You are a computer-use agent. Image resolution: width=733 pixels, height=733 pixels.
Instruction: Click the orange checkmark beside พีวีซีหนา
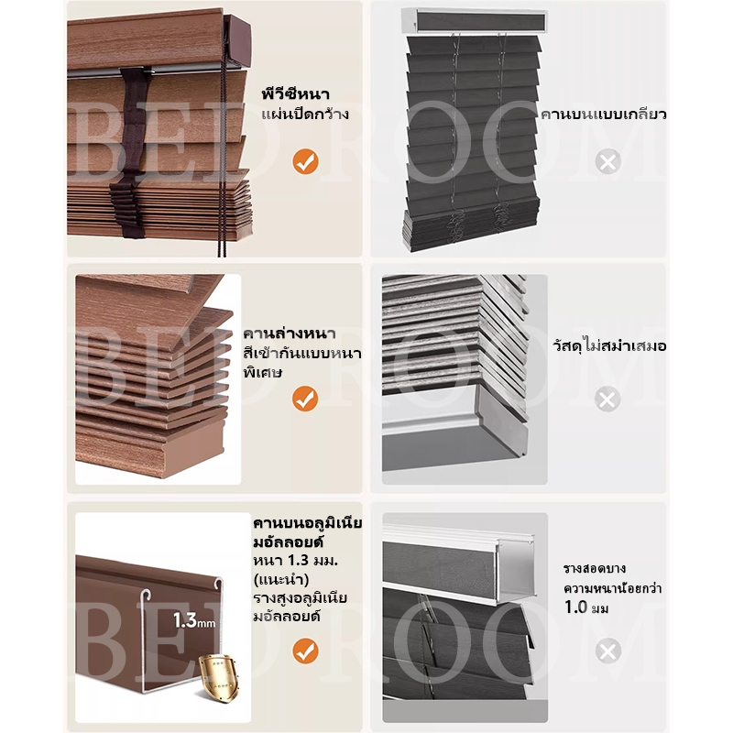(x=305, y=162)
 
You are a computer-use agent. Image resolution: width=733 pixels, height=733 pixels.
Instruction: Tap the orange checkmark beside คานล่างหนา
(x=305, y=399)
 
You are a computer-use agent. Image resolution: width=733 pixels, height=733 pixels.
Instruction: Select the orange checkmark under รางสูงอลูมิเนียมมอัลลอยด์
(x=305, y=651)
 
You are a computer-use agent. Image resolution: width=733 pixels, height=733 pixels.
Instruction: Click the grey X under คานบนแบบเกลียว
(x=607, y=162)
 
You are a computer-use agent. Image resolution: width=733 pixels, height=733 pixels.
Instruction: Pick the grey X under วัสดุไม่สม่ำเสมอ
(x=607, y=399)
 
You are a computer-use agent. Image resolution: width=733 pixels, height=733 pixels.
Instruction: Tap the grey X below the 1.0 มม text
(x=607, y=651)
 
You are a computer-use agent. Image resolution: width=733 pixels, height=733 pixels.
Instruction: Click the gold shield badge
(x=218, y=674)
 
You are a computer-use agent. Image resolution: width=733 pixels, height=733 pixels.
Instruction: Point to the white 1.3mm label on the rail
(x=194, y=620)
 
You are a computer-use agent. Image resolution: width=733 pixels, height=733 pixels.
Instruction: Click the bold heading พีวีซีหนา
(x=295, y=93)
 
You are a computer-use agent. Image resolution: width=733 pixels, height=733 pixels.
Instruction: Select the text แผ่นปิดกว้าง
(x=305, y=114)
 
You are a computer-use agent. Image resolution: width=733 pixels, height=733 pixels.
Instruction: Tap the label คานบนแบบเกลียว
(x=603, y=114)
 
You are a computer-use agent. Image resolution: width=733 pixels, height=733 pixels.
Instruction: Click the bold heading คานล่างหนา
(x=290, y=334)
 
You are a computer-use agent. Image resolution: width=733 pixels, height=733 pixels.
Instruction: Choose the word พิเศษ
(x=262, y=372)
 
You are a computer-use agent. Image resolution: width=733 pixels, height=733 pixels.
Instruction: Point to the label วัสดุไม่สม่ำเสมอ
(x=609, y=345)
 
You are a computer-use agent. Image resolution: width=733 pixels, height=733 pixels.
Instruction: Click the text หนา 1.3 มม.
(x=295, y=560)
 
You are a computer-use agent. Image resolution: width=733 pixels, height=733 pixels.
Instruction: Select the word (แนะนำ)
(x=281, y=579)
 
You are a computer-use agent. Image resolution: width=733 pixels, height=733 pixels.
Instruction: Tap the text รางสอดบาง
(x=595, y=568)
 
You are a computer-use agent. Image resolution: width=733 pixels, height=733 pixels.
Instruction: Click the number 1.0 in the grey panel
(x=575, y=607)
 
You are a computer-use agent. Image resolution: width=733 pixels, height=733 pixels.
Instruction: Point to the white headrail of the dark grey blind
(x=475, y=21)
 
